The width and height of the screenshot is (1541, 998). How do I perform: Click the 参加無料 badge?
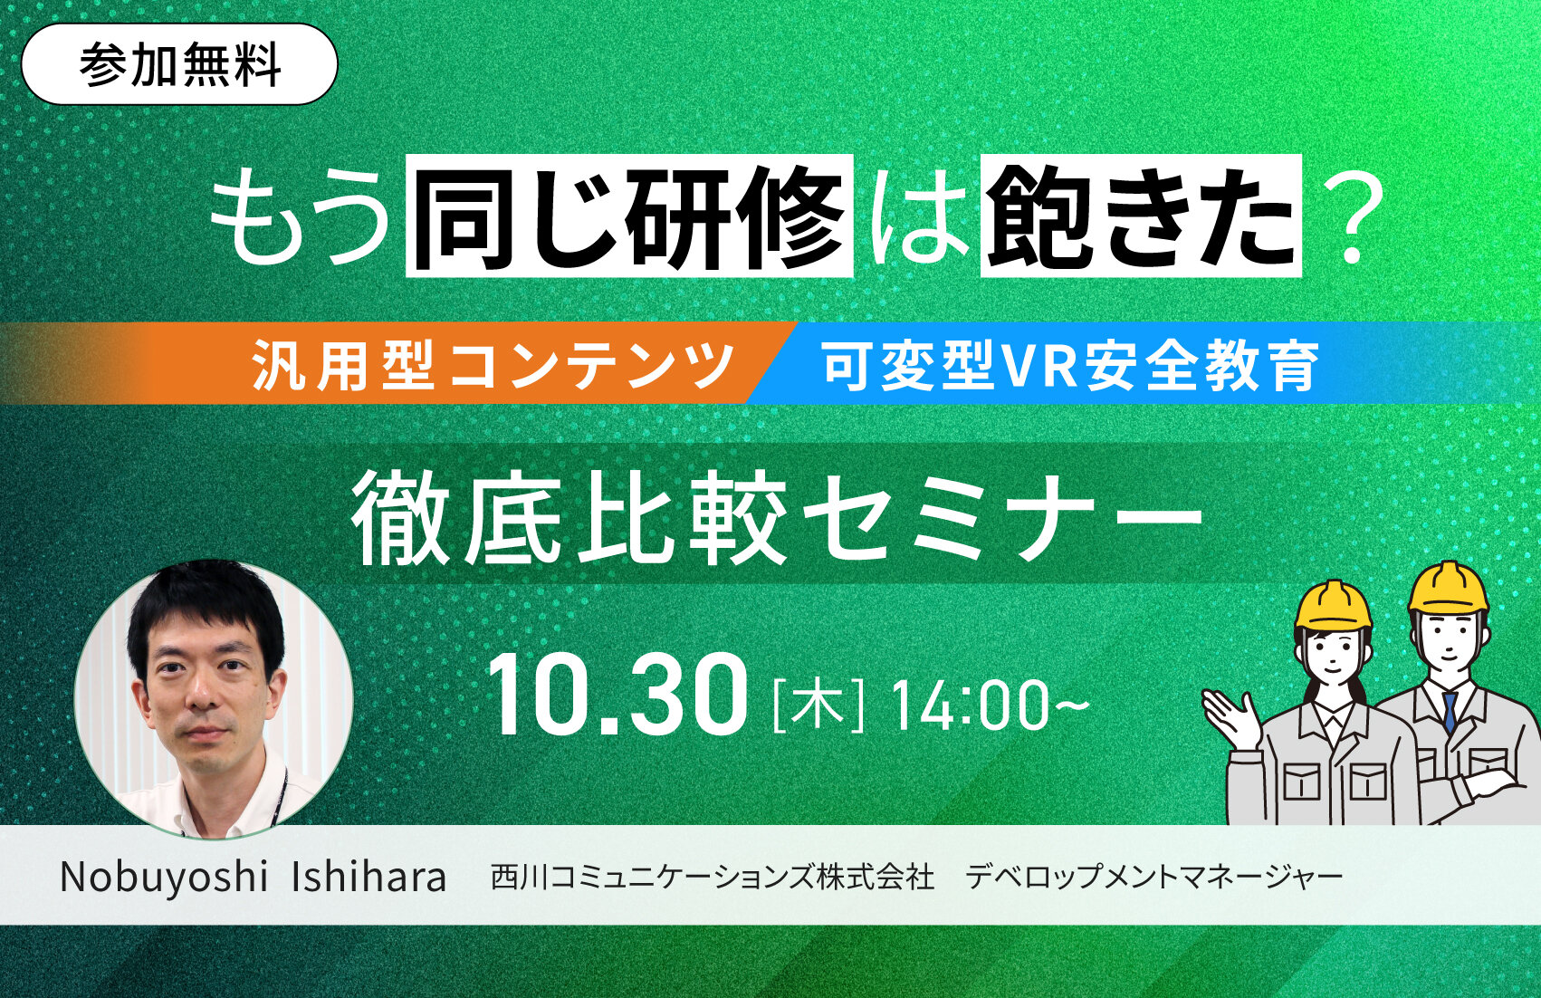coord(179,64)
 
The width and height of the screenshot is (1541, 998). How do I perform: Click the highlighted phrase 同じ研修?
coord(629,216)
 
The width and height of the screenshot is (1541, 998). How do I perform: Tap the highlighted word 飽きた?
coord(1141,216)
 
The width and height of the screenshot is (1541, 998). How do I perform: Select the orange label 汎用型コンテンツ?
coord(493,363)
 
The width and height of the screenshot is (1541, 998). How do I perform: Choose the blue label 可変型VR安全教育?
coord(1070,363)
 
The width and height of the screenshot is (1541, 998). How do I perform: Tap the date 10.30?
coord(617,696)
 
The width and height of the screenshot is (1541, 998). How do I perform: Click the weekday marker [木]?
coord(818,705)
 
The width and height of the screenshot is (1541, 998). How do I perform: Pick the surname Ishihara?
coord(369,876)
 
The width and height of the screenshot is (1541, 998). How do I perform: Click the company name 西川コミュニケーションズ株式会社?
coord(713,877)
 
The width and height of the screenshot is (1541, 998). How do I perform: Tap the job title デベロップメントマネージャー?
coord(1154,877)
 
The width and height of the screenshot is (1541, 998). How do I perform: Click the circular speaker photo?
coord(214,698)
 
